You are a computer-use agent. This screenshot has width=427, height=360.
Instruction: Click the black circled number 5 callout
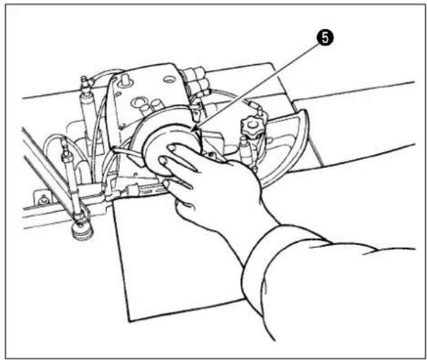tap(325, 38)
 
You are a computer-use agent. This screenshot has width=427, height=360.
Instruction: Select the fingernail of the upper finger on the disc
tap(173, 148)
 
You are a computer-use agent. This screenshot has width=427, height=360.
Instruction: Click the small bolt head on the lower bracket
tap(43, 201)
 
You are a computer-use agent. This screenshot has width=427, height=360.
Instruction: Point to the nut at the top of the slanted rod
tap(66, 157)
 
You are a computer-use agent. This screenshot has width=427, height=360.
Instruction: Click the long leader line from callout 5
tap(258, 85)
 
